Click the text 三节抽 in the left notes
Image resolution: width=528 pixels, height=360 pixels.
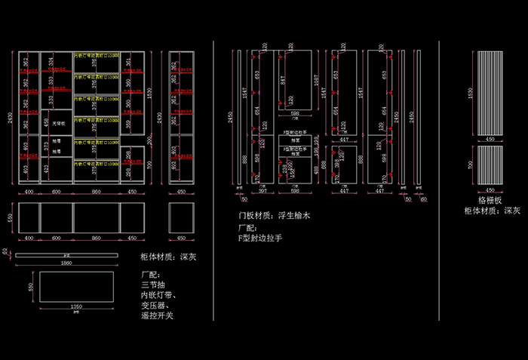pyautogui.click(x=153, y=285)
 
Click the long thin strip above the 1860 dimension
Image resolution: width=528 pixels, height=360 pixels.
pyautogui.click(x=67, y=256)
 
